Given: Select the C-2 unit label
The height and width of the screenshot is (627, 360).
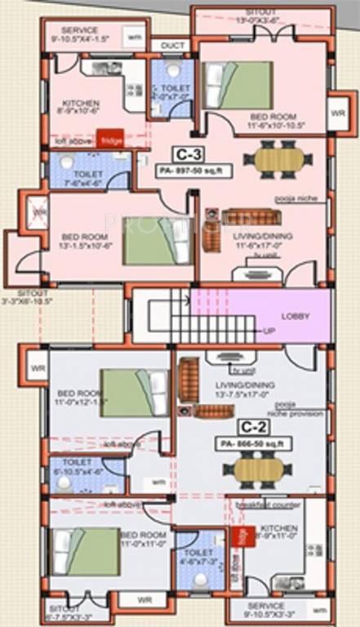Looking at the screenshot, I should pyautogui.click(x=249, y=426).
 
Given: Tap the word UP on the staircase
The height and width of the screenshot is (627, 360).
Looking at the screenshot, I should pyautogui.click(x=268, y=331).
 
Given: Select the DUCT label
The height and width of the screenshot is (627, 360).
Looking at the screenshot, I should pyautogui.click(x=171, y=46).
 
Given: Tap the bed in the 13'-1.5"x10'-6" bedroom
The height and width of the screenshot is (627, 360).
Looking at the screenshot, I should pyautogui.click(x=152, y=241).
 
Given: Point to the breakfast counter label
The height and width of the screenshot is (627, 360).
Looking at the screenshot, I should pyautogui.click(x=267, y=505).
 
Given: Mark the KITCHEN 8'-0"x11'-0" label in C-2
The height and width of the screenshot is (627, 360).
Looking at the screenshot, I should pyautogui.click(x=280, y=534).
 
